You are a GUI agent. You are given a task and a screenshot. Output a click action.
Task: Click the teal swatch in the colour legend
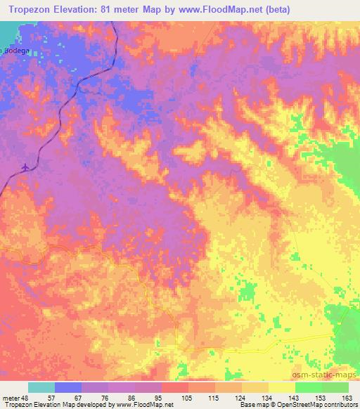[41, 387]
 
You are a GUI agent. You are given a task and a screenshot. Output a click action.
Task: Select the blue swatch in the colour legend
[68, 387]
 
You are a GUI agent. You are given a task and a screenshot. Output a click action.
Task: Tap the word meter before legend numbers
[12, 398]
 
